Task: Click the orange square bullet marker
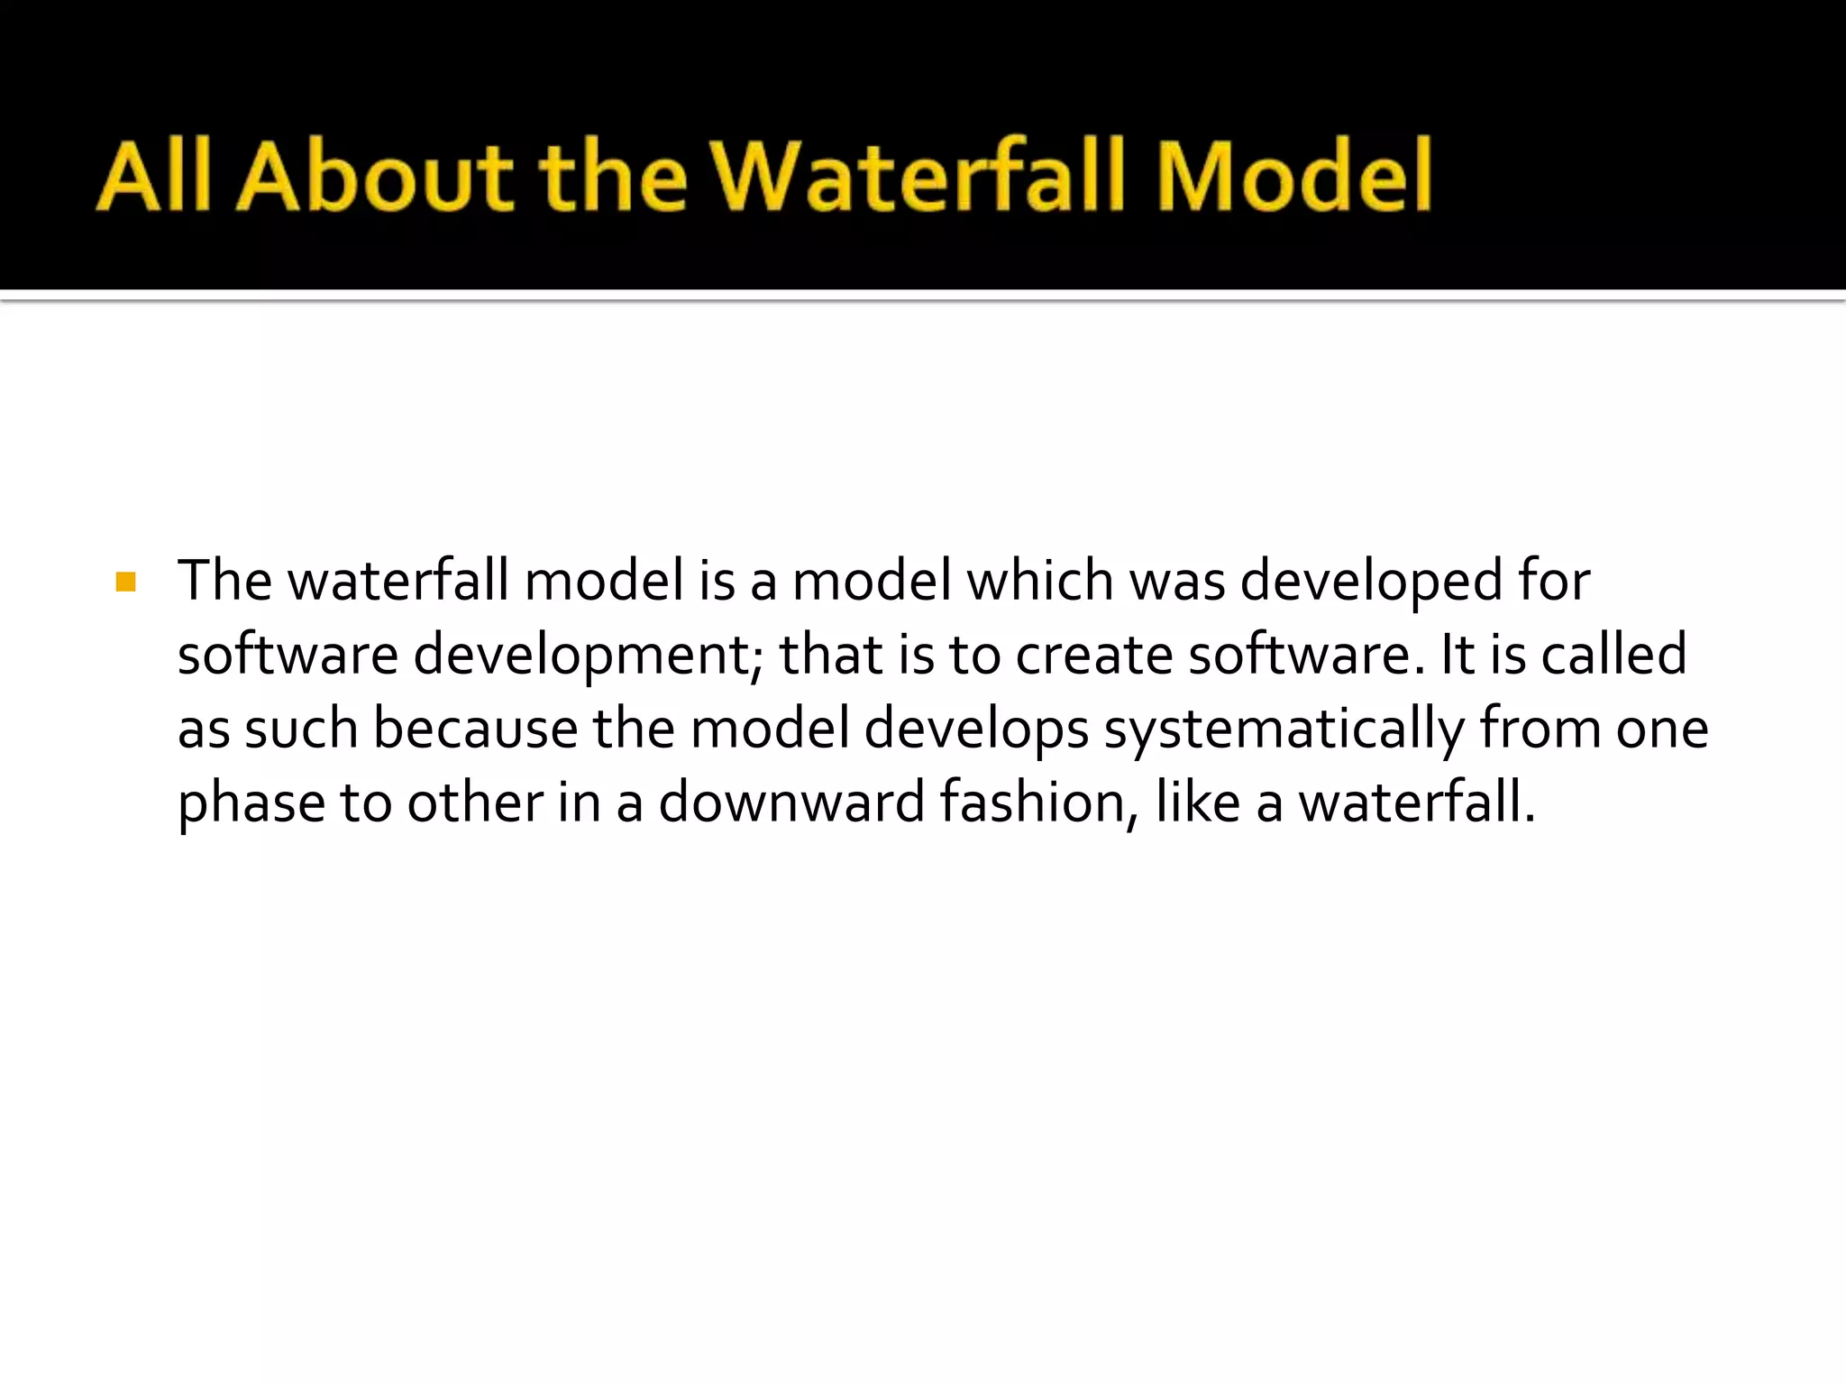(126, 582)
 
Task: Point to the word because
(475, 729)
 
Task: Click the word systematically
(1284, 730)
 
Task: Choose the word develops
(976, 730)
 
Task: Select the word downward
(791, 803)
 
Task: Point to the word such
(301, 729)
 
